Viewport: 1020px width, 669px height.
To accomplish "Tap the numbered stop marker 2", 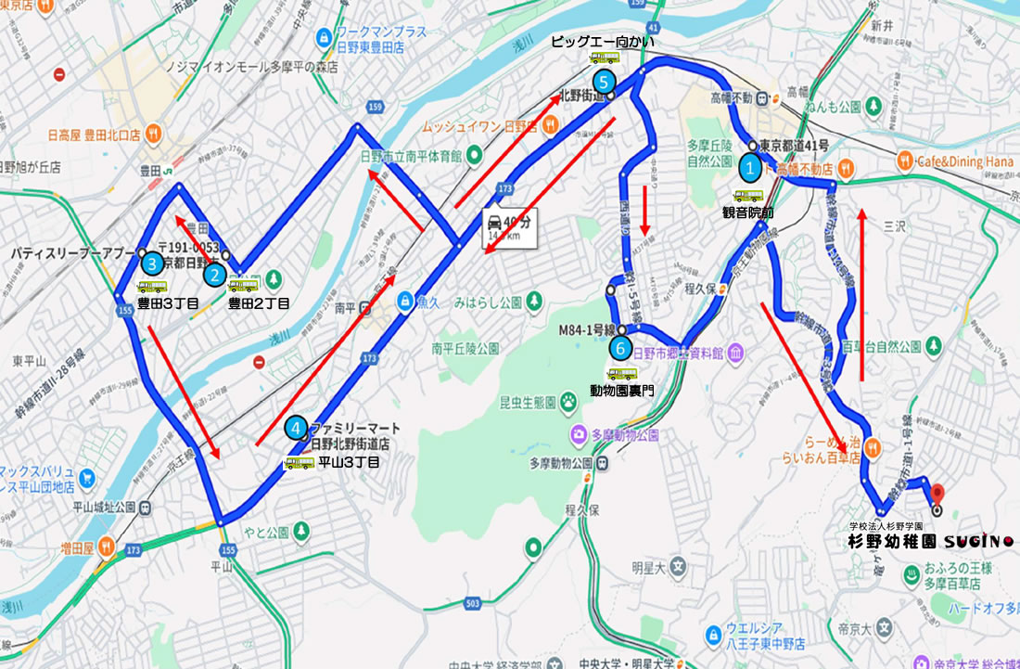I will (x=214, y=275).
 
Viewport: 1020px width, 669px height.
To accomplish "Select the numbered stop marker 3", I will (x=152, y=264).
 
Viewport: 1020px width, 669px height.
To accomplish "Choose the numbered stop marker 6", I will (x=621, y=349).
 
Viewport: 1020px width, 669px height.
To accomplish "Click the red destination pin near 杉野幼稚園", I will (x=936, y=493).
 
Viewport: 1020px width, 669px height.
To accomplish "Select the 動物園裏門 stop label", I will (x=621, y=392).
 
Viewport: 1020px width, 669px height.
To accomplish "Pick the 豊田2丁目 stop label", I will (x=259, y=302).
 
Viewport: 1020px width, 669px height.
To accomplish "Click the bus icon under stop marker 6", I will (x=621, y=374).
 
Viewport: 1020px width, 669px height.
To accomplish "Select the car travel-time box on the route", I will (x=507, y=227).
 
